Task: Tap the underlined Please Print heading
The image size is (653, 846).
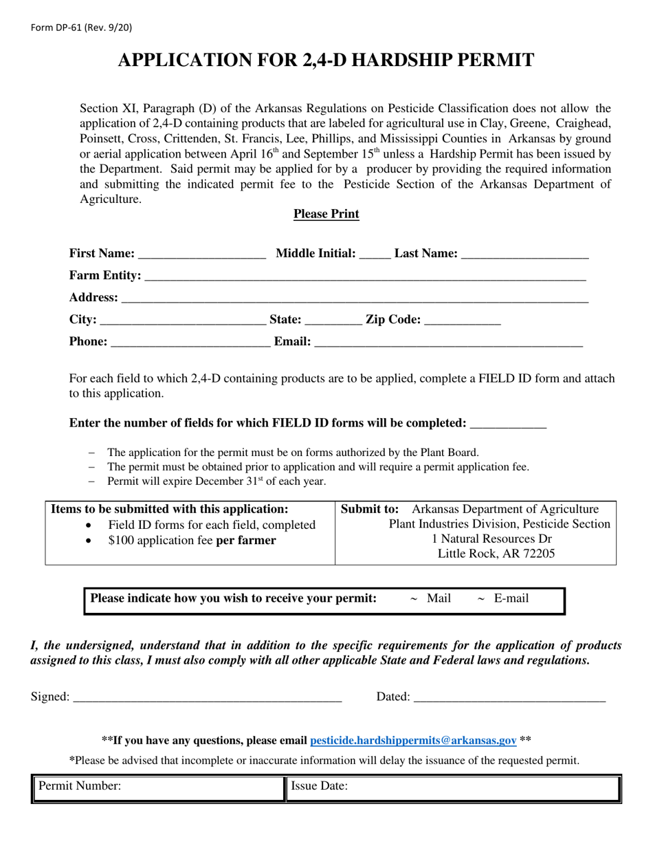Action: [x=326, y=214]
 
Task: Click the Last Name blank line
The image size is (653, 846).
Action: [x=525, y=255]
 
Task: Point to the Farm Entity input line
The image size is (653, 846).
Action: [x=365, y=277]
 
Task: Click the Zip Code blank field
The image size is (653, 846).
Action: [x=463, y=321]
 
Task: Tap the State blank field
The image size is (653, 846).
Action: [x=333, y=321]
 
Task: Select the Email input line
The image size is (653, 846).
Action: [x=448, y=343]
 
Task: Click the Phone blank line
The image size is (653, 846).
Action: [x=190, y=343]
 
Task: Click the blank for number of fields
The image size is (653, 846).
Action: [x=508, y=425]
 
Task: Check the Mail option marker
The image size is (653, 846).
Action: [x=414, y=599]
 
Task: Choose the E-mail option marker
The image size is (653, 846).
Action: [x=481, y=599]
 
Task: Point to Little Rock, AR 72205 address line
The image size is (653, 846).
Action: [x=496, y=554]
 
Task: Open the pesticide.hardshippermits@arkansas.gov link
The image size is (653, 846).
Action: [x=413, y=741]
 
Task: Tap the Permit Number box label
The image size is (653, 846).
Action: [x=80, y=785]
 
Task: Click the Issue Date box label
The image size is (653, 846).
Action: [x=319, y=785]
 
